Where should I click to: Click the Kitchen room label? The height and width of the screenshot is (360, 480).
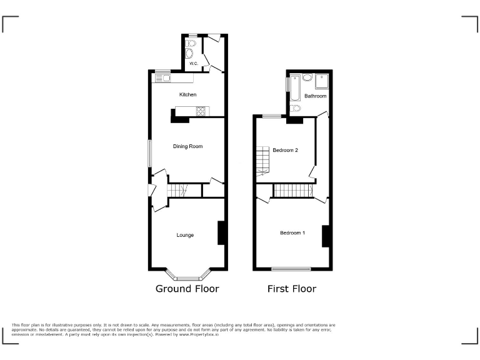tap(187, 95)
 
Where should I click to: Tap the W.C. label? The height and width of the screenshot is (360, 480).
tap(193, 64)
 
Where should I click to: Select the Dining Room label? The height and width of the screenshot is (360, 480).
tap(187, 146)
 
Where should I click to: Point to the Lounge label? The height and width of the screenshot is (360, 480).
tap(185, 236)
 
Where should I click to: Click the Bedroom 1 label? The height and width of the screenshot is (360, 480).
tap(292, 233)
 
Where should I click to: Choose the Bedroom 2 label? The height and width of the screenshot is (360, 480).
tap(285, 150)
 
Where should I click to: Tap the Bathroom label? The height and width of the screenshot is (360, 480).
tap(316, 96)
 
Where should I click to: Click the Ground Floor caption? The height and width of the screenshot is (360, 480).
tap(187, 289)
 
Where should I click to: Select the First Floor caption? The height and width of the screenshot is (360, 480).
tap(291, 289)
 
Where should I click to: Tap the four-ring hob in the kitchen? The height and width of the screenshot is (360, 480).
tap(201, 112)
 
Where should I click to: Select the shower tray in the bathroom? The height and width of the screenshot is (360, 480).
tap(322, 81)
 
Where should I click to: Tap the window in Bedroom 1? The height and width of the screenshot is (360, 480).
tap(291, 269)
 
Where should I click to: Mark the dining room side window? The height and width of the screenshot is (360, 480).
tap(149, 153)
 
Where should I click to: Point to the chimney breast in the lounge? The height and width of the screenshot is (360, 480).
tap(221, 233)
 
